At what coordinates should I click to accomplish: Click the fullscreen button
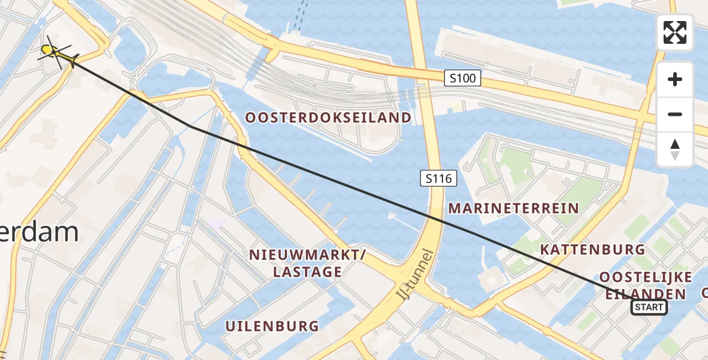675,32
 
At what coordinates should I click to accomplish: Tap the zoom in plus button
675,79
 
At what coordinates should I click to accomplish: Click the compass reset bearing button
675,149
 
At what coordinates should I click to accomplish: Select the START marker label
649,308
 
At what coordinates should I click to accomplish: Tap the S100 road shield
463,77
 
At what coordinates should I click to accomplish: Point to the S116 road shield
439,178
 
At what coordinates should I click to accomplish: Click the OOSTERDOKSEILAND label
328,118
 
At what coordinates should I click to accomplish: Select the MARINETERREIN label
513,209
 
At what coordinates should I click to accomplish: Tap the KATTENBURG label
592,250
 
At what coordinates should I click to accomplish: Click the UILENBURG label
272,326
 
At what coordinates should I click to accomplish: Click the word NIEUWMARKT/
308,256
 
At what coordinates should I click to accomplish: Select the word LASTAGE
307,272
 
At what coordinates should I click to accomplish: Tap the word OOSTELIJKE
646,277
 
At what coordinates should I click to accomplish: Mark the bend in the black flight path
190,126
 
